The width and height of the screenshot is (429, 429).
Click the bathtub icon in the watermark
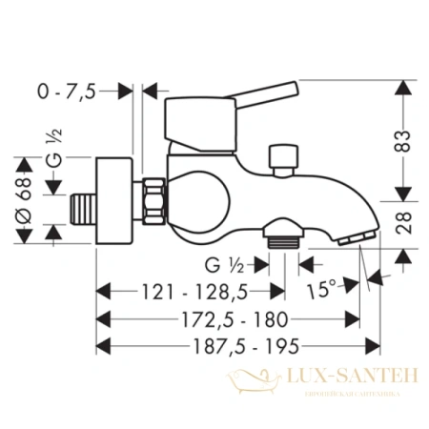pyautogui.click(x=249, y=384)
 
